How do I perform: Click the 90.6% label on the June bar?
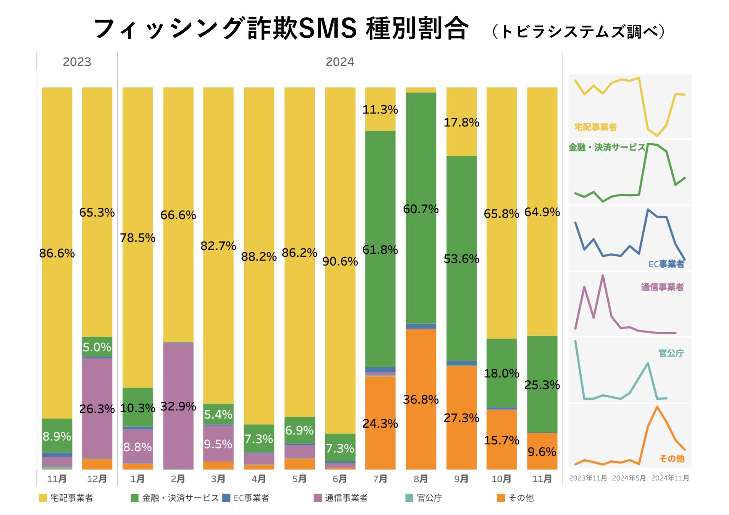click(x=340, y=261)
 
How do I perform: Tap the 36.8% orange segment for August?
click(x=421, y=399)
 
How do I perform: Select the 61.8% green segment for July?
click(x=380, y=249)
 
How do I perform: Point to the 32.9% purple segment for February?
click(x=178, y=406)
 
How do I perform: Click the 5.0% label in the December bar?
click(x=97, y=347)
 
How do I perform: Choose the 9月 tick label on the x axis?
click(x=461, y=479)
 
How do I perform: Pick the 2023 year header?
click(x=77, y=62)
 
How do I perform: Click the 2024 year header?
click(x=340, y=62)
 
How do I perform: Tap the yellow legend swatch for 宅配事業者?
click(x=43, y=498)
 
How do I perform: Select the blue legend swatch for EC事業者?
click(x=226, y=498)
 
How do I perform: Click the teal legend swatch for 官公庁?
click(x=409, y=498)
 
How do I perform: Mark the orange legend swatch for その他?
click(x=501, y=498)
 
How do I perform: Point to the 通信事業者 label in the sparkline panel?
click(x=662, y=287)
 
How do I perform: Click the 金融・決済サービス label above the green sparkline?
click(x=606, y=147)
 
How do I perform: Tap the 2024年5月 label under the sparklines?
click(x=629, y=478)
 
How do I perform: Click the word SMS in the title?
click(x=327, y=28)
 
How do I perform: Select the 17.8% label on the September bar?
click(x=461, y=122)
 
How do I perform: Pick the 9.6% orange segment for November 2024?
click(x=542, y=452)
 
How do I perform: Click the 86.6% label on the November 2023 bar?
click(x=57, y=253)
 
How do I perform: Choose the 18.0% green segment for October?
click(x=502, y=373)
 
